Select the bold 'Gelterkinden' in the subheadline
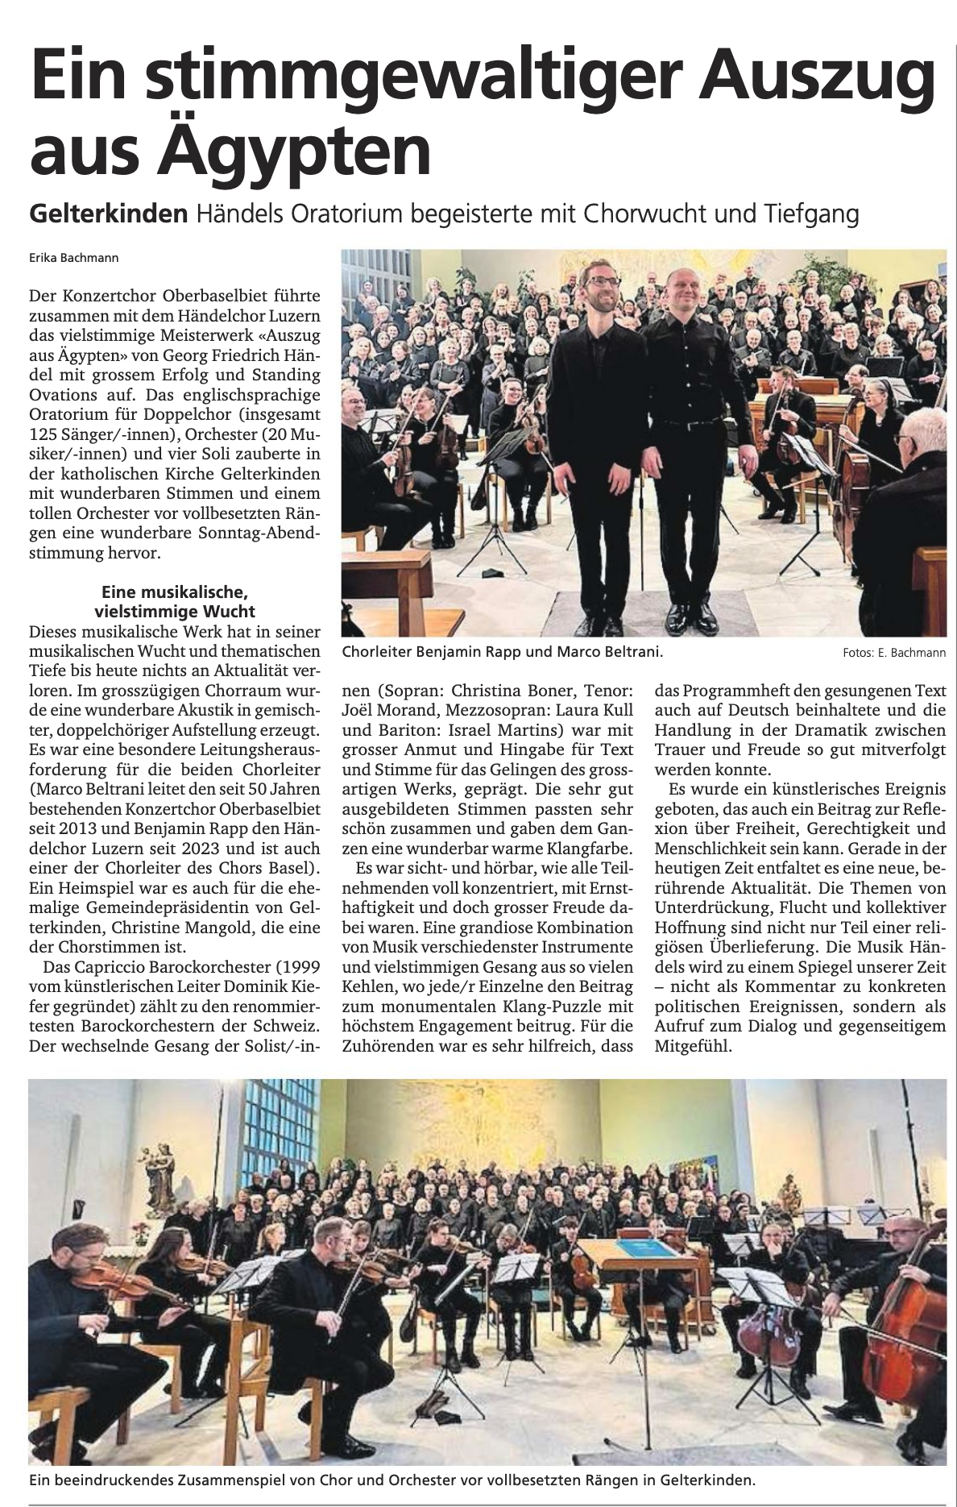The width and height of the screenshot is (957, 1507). tap(108, 214)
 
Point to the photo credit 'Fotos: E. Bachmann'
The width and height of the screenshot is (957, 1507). tap(893, 654)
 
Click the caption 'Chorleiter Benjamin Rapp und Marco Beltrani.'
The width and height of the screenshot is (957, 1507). tap(503, 652)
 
